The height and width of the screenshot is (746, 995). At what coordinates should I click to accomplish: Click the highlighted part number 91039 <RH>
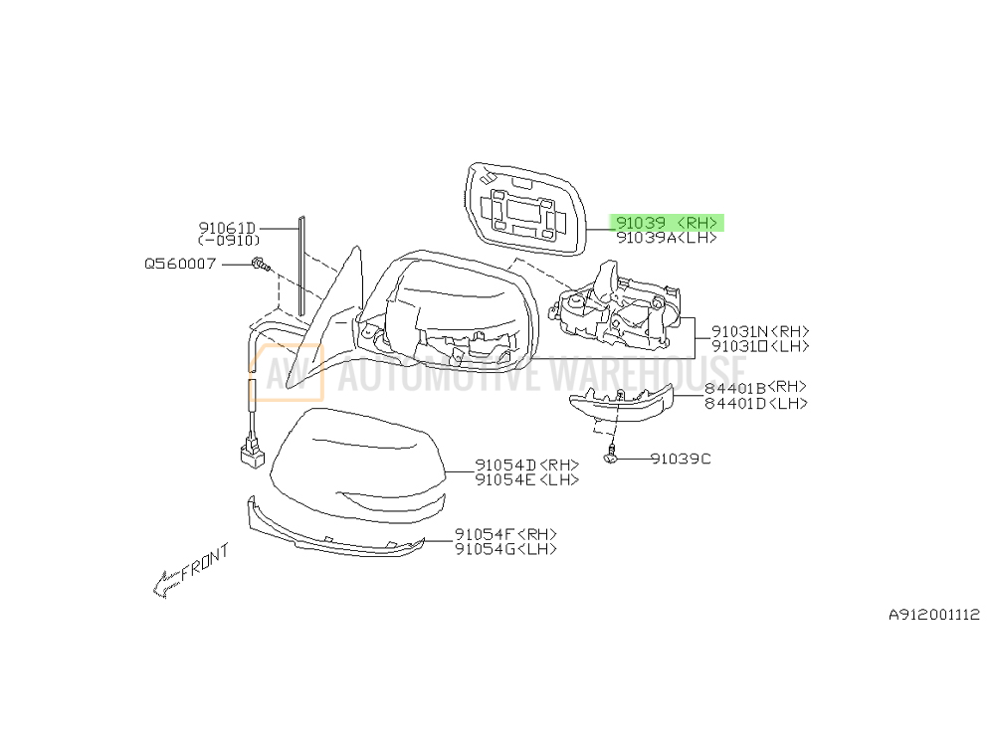[x=667, y=223]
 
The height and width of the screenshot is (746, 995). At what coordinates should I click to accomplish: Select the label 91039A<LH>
[x=666, y=239]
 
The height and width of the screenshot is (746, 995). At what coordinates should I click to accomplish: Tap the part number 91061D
[x=228, y=228]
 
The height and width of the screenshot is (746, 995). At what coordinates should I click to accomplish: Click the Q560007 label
[x=180, y=264]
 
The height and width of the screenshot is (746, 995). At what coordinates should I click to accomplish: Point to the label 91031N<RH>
[x=760, y=331]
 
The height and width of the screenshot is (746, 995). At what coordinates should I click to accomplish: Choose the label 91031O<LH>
[x=760, y=346]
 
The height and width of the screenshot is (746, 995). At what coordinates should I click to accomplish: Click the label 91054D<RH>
[x=526, y=465]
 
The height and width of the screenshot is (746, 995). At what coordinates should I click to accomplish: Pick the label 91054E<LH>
[x=526, y=479]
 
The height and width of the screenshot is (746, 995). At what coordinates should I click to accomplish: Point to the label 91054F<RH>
[x=505, y=533]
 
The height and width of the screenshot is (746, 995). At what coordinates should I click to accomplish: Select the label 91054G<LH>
[x=505, y=548]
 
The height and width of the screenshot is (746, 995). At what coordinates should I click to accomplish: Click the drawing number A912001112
[x=933, y=615]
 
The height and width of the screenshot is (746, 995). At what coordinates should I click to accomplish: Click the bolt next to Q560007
[x=260, y=265]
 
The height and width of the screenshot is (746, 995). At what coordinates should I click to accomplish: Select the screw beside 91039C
[x=613, y=460]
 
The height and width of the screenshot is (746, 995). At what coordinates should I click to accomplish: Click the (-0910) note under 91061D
[x=229, y=241]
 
